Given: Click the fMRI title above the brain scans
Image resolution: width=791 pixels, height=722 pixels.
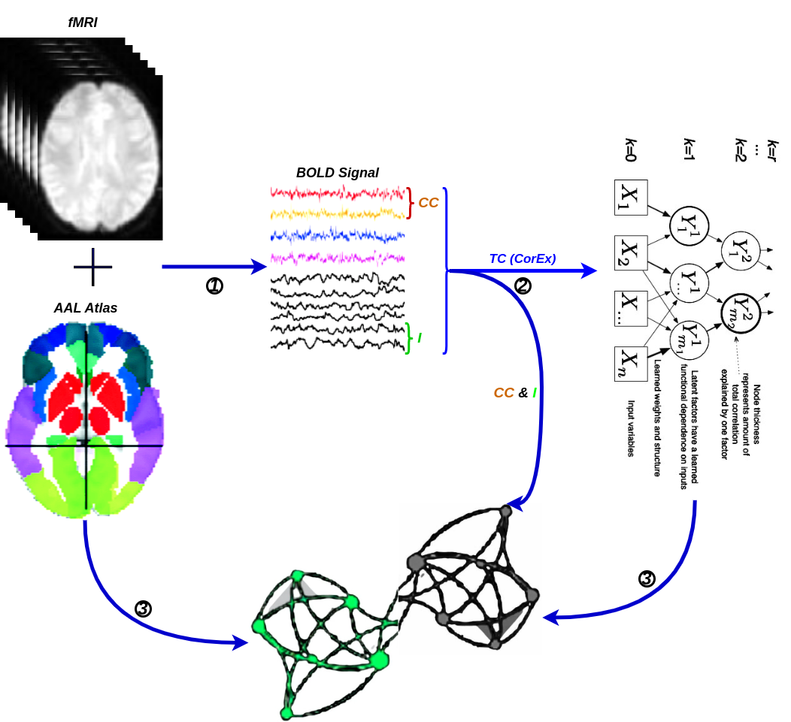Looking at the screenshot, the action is pos(83,23).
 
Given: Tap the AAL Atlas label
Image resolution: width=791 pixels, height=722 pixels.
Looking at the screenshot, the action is pos(85,308).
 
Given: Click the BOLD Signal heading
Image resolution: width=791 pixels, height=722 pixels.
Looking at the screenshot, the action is pos(337,173).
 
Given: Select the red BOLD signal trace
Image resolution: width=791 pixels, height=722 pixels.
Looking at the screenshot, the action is pos(338,193).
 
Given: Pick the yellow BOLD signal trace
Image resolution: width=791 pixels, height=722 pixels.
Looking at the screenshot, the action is pos(338,214).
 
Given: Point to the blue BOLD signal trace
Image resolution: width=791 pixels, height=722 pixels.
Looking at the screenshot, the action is pos(338,235).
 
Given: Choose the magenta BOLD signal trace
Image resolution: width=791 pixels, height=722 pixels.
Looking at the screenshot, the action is pos(338,258).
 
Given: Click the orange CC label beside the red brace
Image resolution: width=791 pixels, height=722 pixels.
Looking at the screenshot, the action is pos(429,203).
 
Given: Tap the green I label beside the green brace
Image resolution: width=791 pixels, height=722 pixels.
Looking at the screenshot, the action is pos(420,338).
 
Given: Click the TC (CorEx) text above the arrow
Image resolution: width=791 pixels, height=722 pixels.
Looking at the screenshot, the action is pos(523,258).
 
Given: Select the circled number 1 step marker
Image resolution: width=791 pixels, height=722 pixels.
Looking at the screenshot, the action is pos(214,286).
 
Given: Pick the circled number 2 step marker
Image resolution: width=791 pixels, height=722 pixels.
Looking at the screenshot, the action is pos(523,286).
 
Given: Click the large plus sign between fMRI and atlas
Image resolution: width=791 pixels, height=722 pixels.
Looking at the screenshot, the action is pos(92,267).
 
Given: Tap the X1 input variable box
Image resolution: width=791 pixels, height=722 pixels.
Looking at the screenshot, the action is pos(631,197).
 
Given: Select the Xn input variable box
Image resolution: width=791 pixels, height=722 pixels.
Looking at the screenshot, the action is pos(631,364).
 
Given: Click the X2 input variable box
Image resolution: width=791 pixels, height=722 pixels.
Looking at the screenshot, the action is pos(631,252).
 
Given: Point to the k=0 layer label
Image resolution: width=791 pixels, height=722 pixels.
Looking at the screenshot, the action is pos(630,150).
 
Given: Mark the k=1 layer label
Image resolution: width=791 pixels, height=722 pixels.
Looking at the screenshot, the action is pos(689,150).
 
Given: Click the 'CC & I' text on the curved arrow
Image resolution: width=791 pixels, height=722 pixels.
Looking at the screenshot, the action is pos(515,393).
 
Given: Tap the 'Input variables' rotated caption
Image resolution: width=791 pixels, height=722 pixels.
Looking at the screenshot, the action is pos(631,428).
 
